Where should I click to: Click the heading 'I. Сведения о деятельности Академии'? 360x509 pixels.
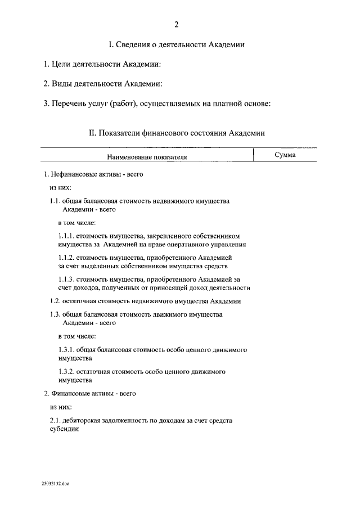176,44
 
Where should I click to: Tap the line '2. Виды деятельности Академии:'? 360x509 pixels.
103,84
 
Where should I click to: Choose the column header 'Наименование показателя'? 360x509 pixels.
147,158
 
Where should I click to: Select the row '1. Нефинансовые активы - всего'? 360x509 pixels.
93,174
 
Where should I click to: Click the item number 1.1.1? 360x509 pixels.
66,236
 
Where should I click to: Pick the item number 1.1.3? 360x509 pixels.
66,279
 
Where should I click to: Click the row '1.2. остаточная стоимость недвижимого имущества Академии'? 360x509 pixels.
145,301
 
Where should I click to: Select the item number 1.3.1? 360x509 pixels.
66,349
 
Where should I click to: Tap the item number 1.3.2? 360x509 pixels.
66,372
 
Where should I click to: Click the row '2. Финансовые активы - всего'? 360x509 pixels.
90,393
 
